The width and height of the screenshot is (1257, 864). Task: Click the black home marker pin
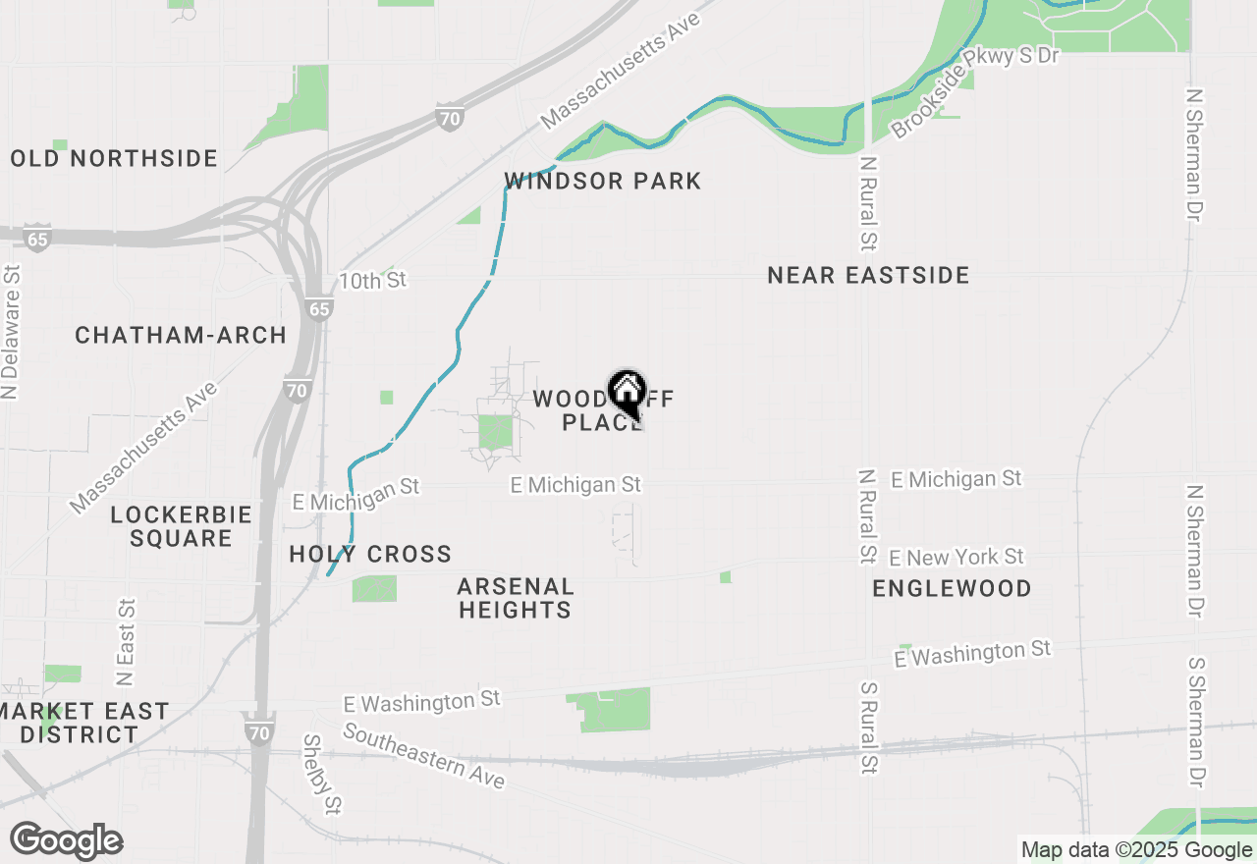click(x=627, y=395)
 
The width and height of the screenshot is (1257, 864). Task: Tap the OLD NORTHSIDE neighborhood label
click(x=114, y=158)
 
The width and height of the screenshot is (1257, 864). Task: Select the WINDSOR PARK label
click(x=603, y=181)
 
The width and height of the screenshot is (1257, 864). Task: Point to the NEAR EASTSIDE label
click(x=868, y=275)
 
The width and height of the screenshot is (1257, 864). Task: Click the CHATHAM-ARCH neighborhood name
click(x=181, y=335)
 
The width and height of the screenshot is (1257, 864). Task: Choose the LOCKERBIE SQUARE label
click(x=181, y=526)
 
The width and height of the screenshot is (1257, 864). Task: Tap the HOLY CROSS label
click(x=370, y=555)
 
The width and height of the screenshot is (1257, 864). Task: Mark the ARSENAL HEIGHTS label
click(x=515, y=598)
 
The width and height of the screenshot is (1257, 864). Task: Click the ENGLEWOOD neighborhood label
click(x=952, y=588)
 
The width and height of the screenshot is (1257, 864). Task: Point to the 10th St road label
click(x=372, y=281)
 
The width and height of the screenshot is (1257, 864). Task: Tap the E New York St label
click(x=956, y=558)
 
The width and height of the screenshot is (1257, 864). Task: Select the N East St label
click(x=126, y=642)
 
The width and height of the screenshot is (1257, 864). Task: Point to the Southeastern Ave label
click(x=423, y=757)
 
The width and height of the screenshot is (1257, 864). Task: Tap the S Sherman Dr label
click(x=1196, y=723)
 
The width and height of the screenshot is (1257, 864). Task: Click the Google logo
click(x=66, y=840)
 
